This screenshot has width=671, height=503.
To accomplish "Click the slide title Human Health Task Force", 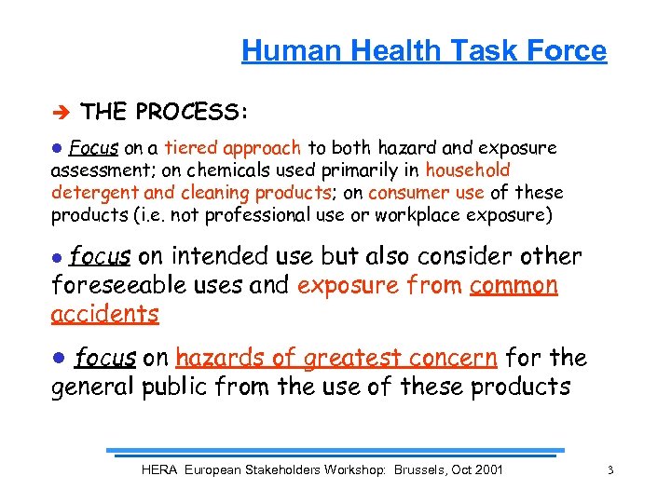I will [424, 50].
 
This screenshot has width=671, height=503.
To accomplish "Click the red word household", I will [468, 170].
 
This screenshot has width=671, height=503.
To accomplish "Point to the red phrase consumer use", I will [426, 193].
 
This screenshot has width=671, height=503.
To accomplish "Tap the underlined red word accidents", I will [104, 314].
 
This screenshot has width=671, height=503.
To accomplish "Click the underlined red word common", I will [514, 285].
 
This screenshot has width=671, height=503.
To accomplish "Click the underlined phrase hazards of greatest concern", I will [336, 358].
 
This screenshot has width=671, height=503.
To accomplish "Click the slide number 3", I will [609, 470].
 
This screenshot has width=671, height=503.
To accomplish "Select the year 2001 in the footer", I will [486, 469].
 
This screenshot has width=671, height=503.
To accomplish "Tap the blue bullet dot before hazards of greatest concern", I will [58, 357].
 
